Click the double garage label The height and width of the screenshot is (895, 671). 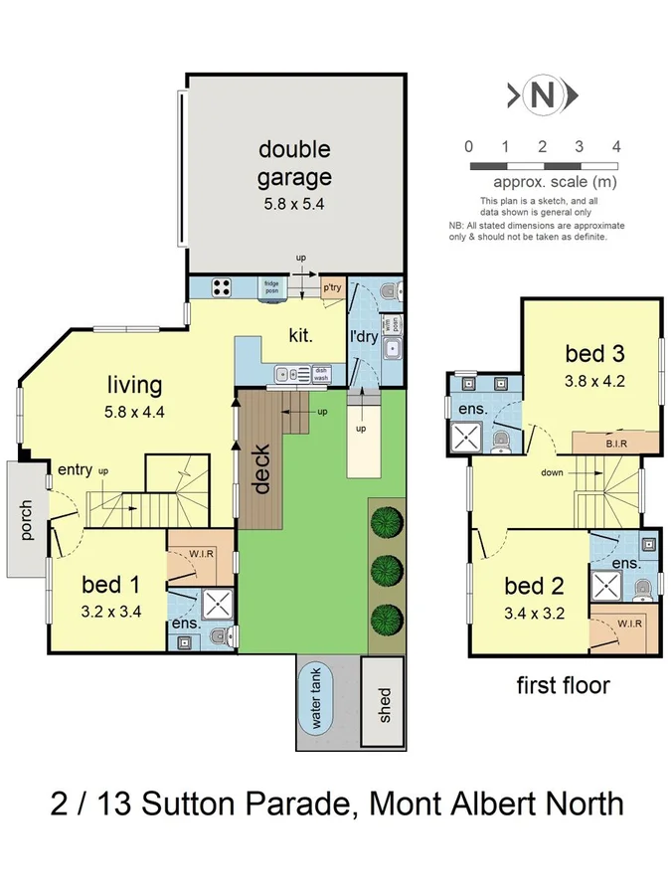coord(294,164)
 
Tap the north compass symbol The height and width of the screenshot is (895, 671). coord(543,96)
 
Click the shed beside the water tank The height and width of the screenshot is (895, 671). coord(384,704)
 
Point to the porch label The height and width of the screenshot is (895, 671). coord(27,519)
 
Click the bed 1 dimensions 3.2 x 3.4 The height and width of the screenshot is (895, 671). coord(109,612)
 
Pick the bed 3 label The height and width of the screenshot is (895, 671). coord(595,353)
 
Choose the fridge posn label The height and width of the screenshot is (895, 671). coord(271,287)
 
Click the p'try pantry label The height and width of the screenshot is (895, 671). coord(332,287)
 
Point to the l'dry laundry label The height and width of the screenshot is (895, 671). coord(364,336)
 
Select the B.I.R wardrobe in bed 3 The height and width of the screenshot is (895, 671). coord(615,441)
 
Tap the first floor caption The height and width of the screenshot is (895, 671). coord(563,684)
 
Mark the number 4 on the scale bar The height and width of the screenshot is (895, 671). coord(616,146)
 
